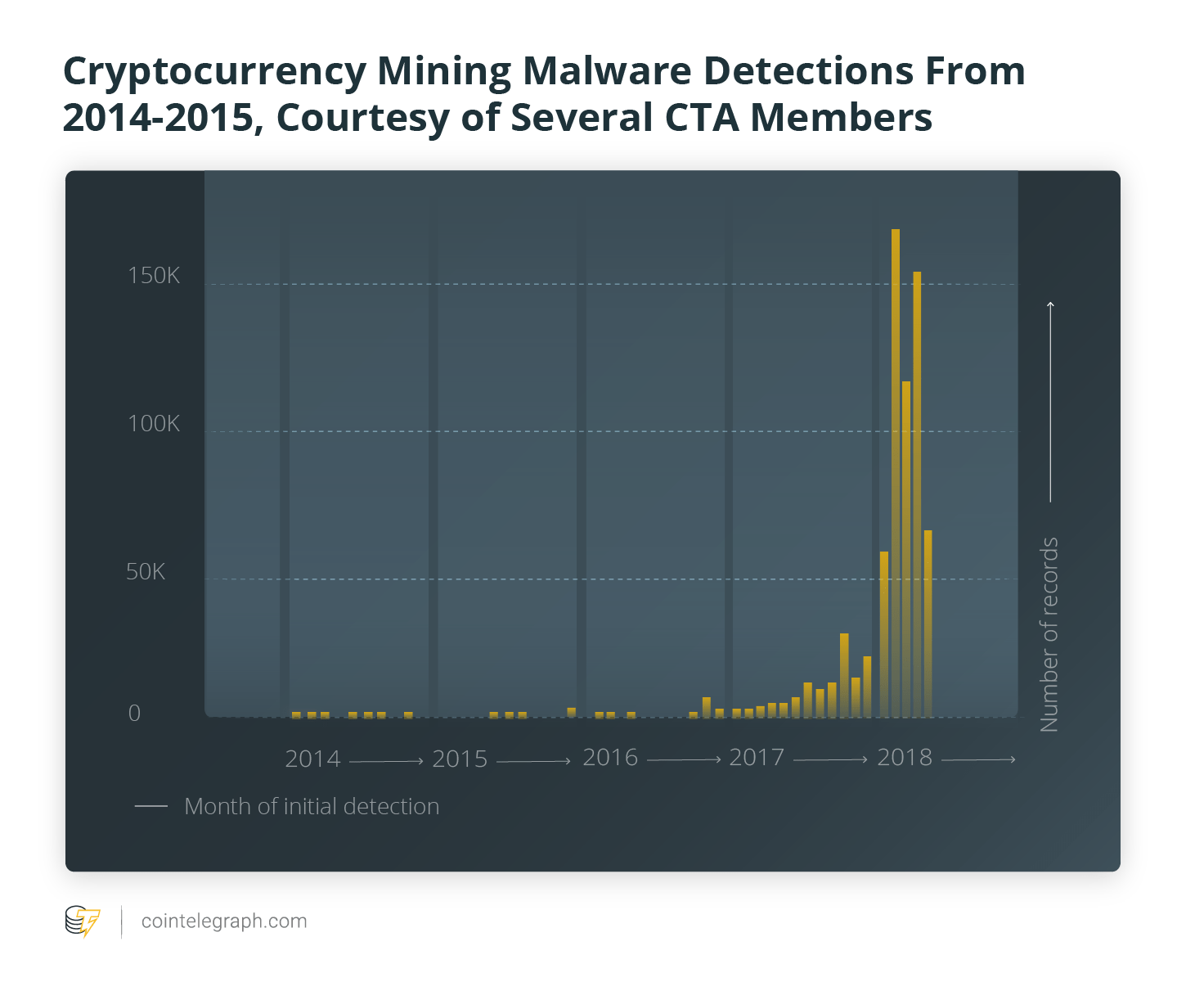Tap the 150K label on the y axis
pos(153,276)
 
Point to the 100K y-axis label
pos(153,424)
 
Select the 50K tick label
pos(146,572)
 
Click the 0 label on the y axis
pos(135,714)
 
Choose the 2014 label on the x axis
pos(312,759)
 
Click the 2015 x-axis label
pos(460,759)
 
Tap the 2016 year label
pos(610,758)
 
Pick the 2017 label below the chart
pos(757,758)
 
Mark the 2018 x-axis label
pos(905,758)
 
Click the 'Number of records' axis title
pos(1049,634)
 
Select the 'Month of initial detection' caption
pos(312,807)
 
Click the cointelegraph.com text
pos(224,921)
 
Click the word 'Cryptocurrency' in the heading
pos(214,71)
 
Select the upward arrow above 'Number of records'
pos(1050,401)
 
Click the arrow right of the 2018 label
pos(978,760)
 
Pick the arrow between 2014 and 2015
pos(386,762)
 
